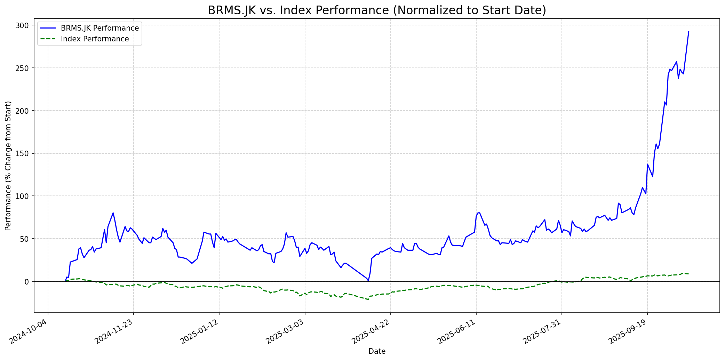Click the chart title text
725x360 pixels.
[x=377, y=10]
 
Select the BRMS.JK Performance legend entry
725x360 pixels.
[x=99, y=28]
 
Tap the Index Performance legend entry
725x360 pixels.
[x=95, y=39]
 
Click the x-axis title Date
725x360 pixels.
[x=377, y=351]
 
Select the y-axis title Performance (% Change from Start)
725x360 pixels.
[x=8, y=166]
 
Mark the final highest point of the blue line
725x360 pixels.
[x=688, y=32]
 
